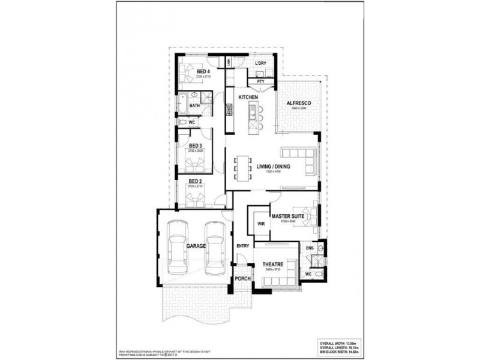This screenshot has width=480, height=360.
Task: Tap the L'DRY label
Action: (x=260, y=63)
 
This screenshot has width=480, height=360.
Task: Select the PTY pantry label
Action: (x=260, y=81)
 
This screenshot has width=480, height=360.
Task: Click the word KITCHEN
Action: (x=248, y=97)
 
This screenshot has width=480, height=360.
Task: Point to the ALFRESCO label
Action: (x=298, y=103)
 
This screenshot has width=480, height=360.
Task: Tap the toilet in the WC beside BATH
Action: (x=182, y=122)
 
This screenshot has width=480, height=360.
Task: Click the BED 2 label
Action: (x=194, y=181)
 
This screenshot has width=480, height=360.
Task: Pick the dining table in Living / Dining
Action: (x=244, y=167)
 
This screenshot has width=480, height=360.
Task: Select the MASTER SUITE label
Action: (x=287, y=216)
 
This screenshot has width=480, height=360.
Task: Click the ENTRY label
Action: (x=242, y=245)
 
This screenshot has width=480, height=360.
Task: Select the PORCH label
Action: (x=242, y=278)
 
